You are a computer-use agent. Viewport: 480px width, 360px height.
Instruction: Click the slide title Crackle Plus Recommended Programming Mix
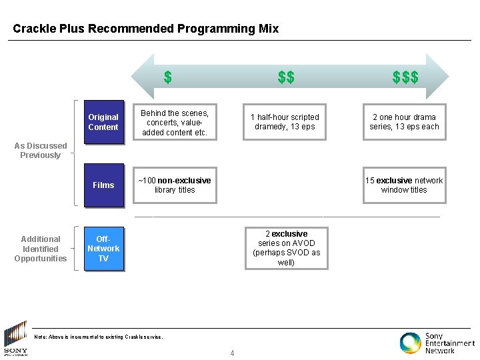pos(145,29)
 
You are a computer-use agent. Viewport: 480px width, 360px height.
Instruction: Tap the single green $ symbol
pos(168,77)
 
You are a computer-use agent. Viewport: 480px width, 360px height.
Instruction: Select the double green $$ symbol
pos(286,77)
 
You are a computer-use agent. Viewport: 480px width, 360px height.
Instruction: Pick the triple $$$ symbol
pos(405,77)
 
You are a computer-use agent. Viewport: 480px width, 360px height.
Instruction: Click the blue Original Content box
pos(103,122)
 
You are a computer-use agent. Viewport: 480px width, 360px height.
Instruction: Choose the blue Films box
pos(103,185)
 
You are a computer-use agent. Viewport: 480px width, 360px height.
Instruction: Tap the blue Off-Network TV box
pos(103,249)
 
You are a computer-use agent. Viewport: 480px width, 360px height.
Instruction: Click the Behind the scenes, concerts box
pos(174,123)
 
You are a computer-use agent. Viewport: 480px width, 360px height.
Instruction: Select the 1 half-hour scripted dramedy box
pos(285,122)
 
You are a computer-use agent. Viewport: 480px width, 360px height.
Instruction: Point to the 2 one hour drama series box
pos(404,122)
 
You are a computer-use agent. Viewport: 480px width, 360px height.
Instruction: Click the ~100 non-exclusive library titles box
pos(174,185)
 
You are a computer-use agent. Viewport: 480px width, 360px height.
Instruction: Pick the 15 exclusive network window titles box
pos(404,185)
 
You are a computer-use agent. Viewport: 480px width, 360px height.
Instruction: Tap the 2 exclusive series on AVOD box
pos(287,248)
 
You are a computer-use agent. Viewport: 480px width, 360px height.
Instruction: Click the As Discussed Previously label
pos(41,151)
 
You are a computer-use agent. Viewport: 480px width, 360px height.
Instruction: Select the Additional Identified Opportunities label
pos(41,249)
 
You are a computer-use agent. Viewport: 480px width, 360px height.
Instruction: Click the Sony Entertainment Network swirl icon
pos(410,342)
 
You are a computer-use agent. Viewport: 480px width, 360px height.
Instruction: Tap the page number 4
pos(232,353)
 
